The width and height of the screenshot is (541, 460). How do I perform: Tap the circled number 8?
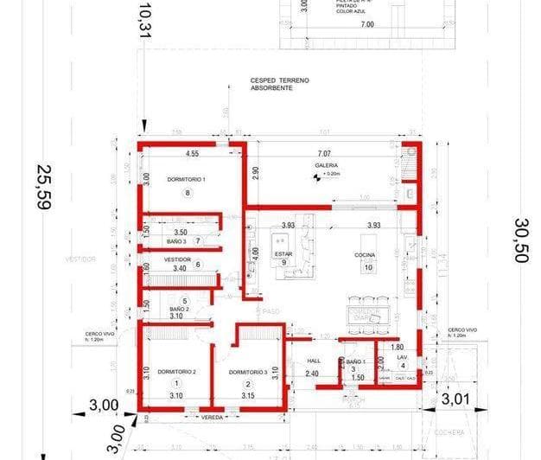point(187,194)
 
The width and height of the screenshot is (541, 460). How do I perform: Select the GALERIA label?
point(327,164)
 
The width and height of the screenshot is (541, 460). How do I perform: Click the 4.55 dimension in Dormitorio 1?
point(192,154)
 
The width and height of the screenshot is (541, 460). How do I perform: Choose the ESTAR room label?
point(283,254)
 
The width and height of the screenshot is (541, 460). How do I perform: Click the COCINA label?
point(364,255)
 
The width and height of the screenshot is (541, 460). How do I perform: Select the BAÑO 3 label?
point(175,241)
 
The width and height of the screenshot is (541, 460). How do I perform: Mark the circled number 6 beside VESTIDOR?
point(198,265)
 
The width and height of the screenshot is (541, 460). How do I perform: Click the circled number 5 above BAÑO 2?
point(184,300)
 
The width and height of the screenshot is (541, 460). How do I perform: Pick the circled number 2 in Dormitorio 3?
point(247,385)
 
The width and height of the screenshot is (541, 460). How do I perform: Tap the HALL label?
point(313,363)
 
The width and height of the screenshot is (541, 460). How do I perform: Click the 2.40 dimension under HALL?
point(313,374)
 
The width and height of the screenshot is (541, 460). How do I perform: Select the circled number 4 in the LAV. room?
point(402,366)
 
